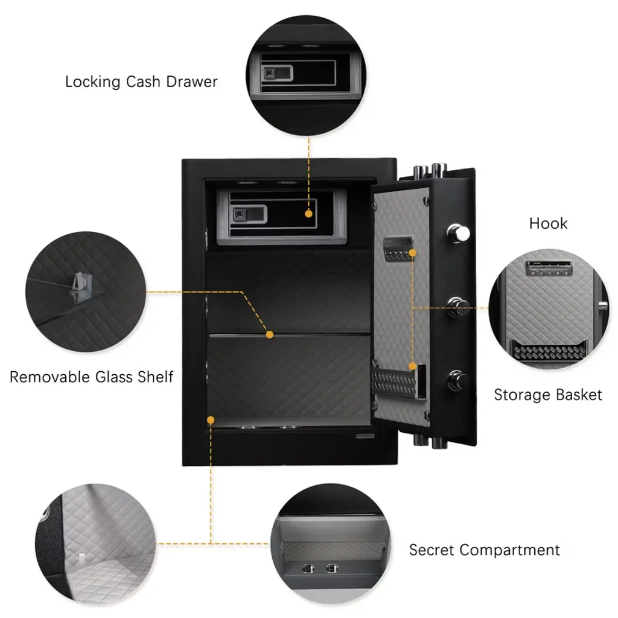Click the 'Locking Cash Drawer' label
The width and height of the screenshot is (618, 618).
pos(141,81)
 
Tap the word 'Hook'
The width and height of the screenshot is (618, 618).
pos(548,223)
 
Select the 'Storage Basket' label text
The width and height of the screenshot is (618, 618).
pos(548,395)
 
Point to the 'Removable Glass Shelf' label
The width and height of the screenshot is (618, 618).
pos(91,377)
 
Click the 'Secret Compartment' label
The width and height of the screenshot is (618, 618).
pos(484,550)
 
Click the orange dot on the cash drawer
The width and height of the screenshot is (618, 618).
pos(309,213)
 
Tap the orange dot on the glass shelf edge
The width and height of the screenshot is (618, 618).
pos(270,334)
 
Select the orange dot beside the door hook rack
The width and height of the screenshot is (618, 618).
pos(413,250)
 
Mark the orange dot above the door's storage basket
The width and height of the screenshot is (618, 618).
pos(413,366)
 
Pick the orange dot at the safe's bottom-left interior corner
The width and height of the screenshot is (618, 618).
pos(211,418)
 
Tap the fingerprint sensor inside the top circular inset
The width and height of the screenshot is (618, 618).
pos(270,74)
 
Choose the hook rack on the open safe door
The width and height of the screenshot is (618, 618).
pos(397,247)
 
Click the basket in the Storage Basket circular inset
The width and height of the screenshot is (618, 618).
pos(548,351)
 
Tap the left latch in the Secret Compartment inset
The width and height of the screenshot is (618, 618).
pos(308,567)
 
